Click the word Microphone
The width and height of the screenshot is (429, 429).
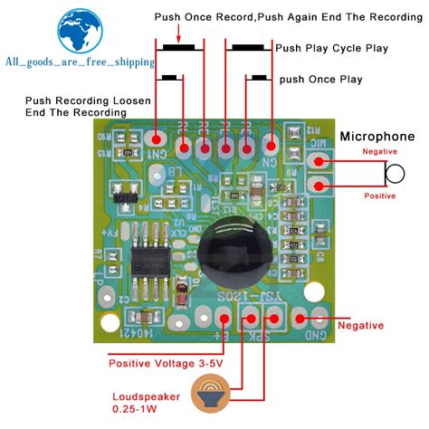click(x=377, y=137)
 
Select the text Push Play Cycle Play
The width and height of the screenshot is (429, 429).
click(x=332, y=48)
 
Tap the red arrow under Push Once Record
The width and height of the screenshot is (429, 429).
click(x=179, y=33)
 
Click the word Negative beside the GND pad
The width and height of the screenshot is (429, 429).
click(x=359, y=326)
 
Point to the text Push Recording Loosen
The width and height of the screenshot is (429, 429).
click(x=75, y=100)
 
